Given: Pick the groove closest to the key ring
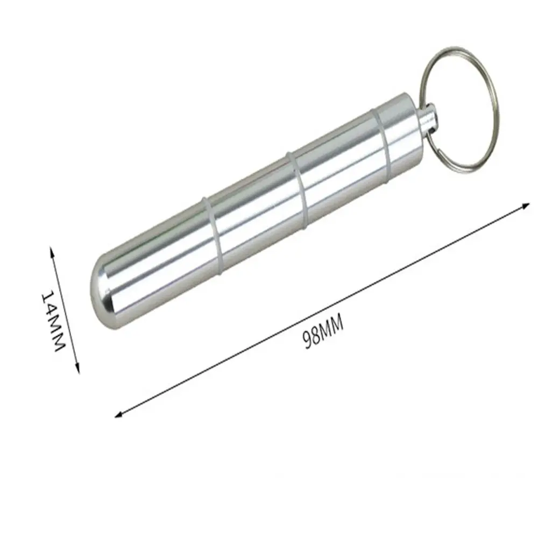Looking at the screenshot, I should [x=383, y=140].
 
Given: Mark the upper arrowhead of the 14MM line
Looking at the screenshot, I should [x=52, y=250].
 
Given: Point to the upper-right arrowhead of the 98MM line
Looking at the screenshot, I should [x=527, y=204].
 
